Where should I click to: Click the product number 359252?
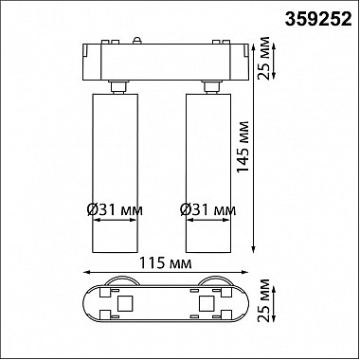click(318, 20)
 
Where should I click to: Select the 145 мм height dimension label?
click(243, 148)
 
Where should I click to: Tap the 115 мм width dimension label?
click(166, 263)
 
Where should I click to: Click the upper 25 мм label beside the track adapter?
click(263, 59)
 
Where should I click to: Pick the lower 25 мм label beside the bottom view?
click(263, 300)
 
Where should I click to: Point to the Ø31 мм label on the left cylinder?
click(115, 209)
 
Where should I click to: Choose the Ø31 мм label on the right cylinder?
click(208, 209)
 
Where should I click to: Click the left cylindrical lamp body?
click(115, 173)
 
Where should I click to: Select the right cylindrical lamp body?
click(208, 173)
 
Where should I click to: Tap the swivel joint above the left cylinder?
click(118, 87)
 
